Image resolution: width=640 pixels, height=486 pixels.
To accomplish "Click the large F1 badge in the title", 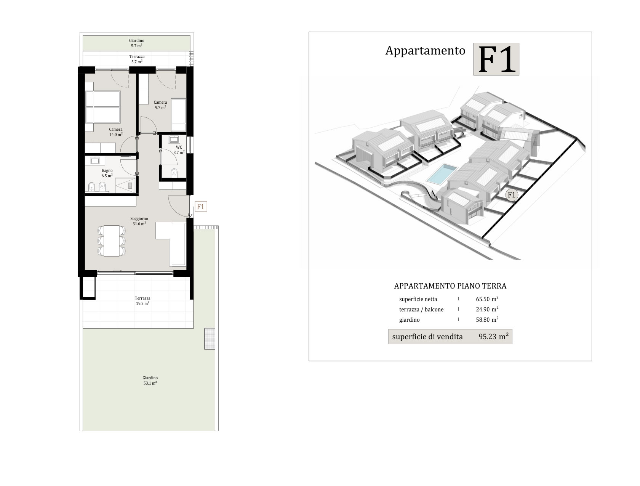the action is [496, 59].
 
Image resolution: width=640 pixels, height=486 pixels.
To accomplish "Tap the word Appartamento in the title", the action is [425, 51].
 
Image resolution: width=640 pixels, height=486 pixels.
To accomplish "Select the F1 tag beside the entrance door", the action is [201, 207].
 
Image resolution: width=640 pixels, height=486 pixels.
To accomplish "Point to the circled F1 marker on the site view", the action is [511, 195].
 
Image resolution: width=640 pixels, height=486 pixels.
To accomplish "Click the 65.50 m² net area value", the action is [487, 299].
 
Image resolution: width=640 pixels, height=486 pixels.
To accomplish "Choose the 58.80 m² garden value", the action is [487, 319].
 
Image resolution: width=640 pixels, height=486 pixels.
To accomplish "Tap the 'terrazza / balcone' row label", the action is [421, 310].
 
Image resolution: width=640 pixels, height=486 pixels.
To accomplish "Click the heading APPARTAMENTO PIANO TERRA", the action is [450, 286].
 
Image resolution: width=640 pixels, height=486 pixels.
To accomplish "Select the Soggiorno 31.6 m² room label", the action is [139, 221].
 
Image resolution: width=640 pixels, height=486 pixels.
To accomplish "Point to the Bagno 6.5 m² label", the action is [107, 173].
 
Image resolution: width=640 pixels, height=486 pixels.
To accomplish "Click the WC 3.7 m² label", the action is [179, 150].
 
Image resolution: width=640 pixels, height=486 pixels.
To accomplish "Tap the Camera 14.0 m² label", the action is [116, 132].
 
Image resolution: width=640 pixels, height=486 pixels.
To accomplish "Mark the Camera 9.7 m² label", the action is [160, 105].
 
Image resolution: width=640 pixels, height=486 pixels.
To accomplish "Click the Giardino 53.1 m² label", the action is [150, 380].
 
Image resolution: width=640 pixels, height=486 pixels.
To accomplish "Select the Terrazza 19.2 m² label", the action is [142, 301].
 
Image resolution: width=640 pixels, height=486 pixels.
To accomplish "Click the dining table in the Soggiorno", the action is [112, 241].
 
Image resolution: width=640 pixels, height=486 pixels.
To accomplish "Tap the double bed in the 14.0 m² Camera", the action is [103, 106].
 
